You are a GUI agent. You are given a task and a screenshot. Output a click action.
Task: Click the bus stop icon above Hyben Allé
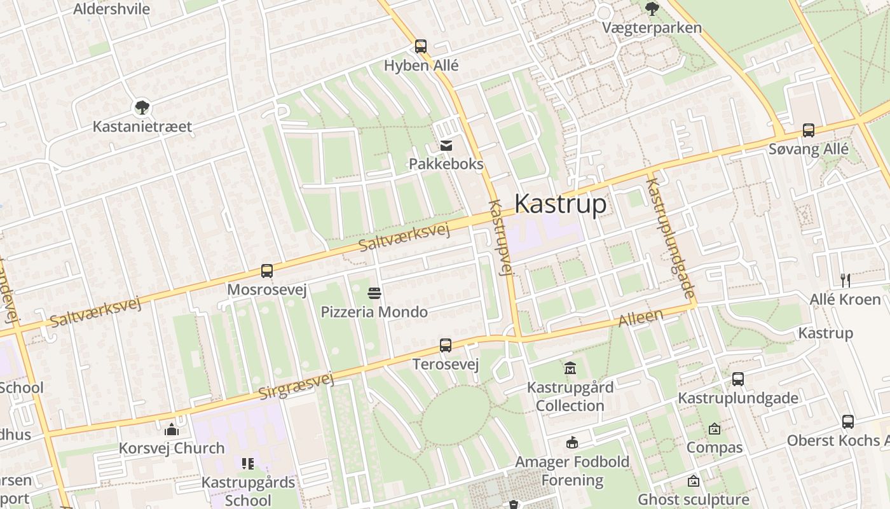pyautogui.click(x=420, y=46)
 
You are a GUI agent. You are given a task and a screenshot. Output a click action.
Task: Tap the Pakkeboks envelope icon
pyautogui.click(x=446, y=146)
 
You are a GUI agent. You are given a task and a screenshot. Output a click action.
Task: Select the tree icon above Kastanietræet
pyautogui.click(x=142, y=107)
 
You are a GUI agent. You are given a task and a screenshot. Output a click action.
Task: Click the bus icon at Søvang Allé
pyautogui.click(x=808, y=130)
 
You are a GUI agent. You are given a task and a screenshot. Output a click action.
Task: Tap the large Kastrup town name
pyautogui.click(x=560, y=204)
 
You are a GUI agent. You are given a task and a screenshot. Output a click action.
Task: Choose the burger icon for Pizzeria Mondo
pyautogui.click(x=374, y=293)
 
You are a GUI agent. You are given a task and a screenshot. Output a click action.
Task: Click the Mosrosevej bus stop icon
pyautogui.click(x=267, y=271)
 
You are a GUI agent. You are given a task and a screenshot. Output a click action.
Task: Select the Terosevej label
pyautogui.click(x=445, y=365)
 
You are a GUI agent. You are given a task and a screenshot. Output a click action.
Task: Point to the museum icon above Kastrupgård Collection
pyautogui.click(x=570, y=368)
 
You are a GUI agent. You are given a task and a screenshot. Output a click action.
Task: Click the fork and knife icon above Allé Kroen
pyautogui.click(x=845, y=280)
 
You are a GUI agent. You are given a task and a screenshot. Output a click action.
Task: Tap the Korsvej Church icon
pyautogui.click(x=172, y=429)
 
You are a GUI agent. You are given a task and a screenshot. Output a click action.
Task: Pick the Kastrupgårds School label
pyautogui.click(x=248, y=491)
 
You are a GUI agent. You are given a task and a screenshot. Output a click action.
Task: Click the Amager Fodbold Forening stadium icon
pyautogui.click(x=572, y=443)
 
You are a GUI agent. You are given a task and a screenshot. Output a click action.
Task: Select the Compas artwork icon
pyautogui.click(x=714, y=429)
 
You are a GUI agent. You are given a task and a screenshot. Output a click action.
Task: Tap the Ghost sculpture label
pyautogui.click(x=693, y=499)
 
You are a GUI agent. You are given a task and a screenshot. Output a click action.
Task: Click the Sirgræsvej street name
pyautogui.click(x=296, y=386)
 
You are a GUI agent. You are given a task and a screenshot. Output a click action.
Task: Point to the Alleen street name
pyautogui.click(x=641, y=318)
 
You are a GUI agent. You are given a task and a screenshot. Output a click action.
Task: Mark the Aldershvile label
pyautogui.click(x=111, y=9)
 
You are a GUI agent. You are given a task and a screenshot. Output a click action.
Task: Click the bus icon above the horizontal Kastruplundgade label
pyautogui.click(x=737, y=379)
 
